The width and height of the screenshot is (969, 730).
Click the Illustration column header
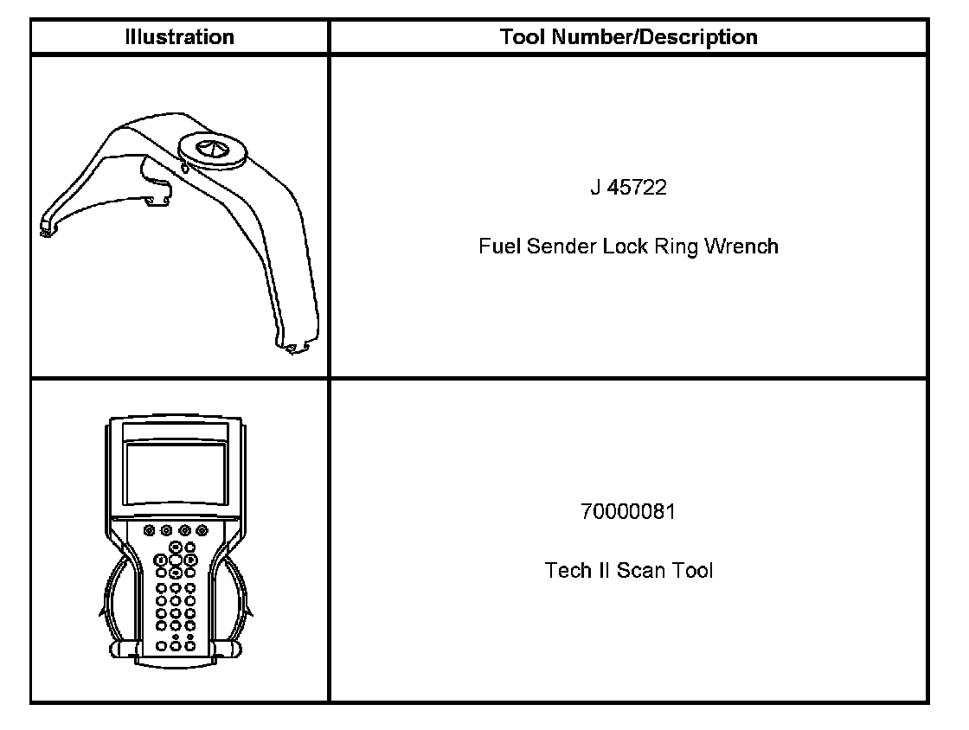pos(179,37)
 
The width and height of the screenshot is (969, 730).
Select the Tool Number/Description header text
pos(629,37)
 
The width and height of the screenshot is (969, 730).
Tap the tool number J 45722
pos(629,189)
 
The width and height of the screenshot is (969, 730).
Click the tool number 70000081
pos(629,512)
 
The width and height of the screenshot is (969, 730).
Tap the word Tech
pos(567,571)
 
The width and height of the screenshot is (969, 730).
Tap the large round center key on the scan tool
pos(176,560)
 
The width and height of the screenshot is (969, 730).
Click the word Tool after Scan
pos(693,571)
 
